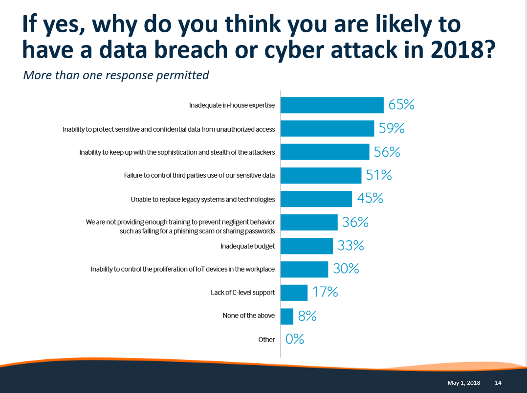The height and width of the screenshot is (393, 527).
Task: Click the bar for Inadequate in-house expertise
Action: [x=332, y=105]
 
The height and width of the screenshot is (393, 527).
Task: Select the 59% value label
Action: [x=392, y=129]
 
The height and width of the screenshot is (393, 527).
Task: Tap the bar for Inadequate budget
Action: [x=307, y=246]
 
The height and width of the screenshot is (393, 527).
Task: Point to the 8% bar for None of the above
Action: [x=287, y=316]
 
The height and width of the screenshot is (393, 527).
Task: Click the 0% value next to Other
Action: [x=295, y=339]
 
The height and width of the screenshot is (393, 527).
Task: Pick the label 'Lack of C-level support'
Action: [x=242, y=293]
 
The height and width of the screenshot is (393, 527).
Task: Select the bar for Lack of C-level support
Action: [x=294, y=293]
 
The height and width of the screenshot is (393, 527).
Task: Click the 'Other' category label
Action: [x=266, y=340]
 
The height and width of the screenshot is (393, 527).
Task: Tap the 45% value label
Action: [x=370, y=199]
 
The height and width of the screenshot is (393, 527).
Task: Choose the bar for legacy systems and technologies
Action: [x=316, y=199]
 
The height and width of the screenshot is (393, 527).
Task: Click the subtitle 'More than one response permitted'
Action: [x=116, y=75]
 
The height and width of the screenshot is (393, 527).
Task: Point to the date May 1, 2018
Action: [x=463, y=382]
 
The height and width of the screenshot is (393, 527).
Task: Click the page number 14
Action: [x=498, y=382]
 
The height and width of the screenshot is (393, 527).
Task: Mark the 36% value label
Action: [x=355, y=222]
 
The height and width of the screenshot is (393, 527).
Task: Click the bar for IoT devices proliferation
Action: [x=304, y=269]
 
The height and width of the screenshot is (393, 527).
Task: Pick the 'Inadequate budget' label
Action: [x=247, y=246]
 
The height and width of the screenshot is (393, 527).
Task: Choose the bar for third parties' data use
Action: [x=321, y=175]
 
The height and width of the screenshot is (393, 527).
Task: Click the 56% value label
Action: [x=387, y=152]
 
